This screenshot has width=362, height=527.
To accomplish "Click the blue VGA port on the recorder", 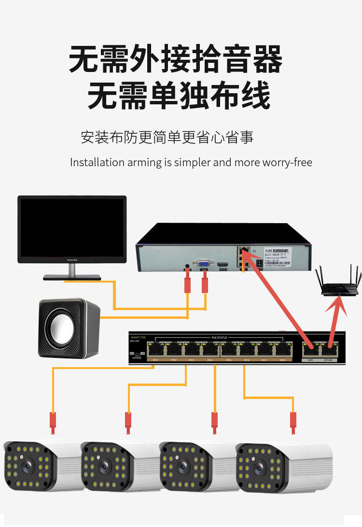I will click(x=204, y=264).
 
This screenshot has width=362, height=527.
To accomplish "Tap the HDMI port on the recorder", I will click(x=223, y=266).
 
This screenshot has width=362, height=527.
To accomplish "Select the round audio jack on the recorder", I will click(x=187, y=266).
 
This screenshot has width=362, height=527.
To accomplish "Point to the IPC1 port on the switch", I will click(x=155, y=348).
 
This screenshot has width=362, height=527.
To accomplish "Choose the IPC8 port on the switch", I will click(x=281, y=348).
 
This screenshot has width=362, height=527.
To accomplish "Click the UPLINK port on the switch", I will click(x=332, y=348).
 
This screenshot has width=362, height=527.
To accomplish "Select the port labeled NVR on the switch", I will click(x=310, y=348).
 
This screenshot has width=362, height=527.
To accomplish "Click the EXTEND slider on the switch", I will click(x=137, y=354).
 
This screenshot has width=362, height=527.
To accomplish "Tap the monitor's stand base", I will click(x=72, y=277).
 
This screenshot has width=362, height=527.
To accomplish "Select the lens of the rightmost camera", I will click(x=258, y=468).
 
